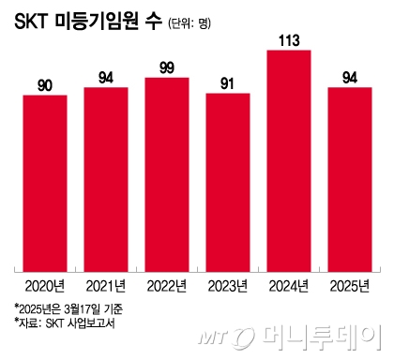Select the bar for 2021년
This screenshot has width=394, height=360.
coord(105,177)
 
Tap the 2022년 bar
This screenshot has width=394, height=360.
coord(166,172)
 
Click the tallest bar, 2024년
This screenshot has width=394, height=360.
coord(288,158)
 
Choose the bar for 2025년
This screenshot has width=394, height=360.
coord(349,177)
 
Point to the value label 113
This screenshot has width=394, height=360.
coord(288,39)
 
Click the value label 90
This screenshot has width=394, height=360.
coord(44,85)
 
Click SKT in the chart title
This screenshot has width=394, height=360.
coord(36,22)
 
